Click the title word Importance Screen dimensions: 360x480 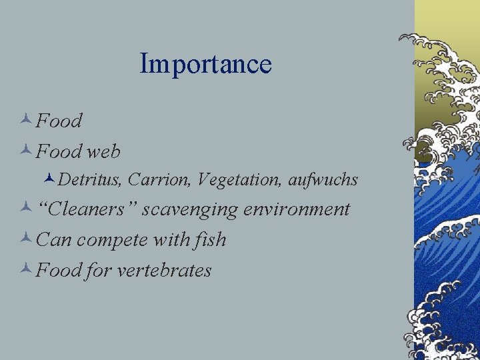point(205,64)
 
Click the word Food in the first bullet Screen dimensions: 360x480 point(59,121)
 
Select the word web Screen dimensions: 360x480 point(104,152)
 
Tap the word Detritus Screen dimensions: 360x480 point(91,180)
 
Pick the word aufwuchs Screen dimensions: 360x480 point(323,180)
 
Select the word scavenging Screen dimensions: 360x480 point(190,210)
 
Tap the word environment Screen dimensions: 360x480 point(297,209)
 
